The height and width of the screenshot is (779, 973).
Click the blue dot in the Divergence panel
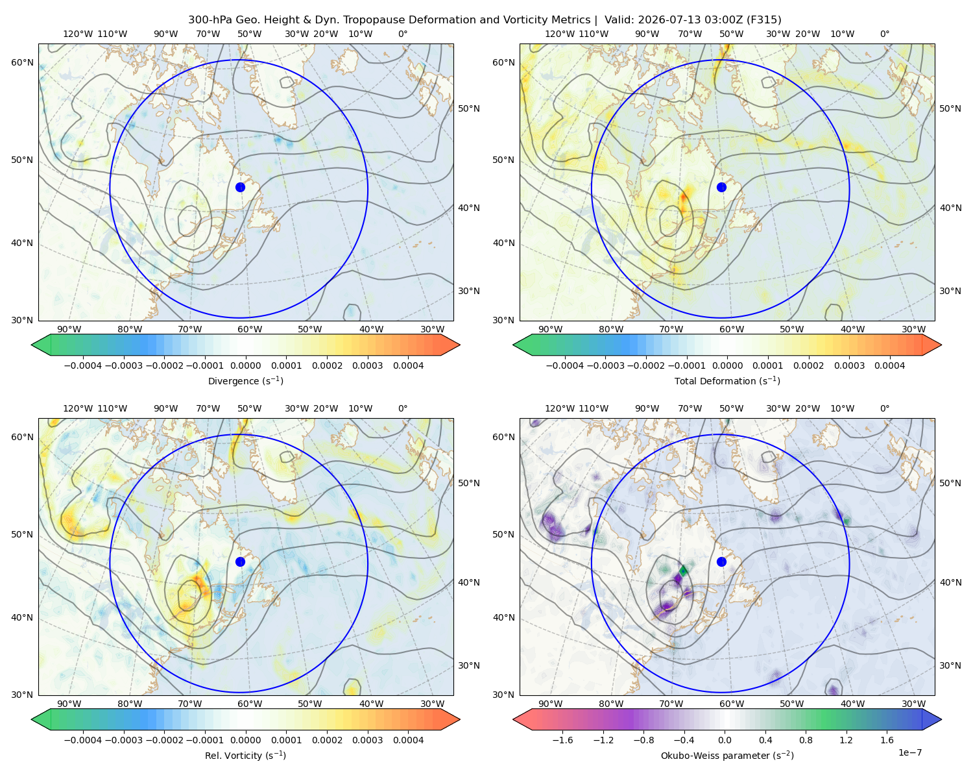coord(240,187)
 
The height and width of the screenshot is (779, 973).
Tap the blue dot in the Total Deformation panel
coord(721,187)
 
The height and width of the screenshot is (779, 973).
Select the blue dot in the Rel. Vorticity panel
coord(240,562)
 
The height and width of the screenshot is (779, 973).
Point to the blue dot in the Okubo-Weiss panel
coord(721,562)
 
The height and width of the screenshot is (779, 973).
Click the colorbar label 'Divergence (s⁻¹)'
coord(245,380)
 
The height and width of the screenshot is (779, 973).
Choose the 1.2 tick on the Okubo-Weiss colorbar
coord(846,740)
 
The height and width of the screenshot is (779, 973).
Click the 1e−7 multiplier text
coord(909,752)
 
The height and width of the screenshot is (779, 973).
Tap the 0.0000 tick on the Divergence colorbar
coord(245,365)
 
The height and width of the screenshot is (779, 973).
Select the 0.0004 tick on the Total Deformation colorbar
coord(889,365)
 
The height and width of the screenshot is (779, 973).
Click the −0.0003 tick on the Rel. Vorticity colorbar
coord(123,740)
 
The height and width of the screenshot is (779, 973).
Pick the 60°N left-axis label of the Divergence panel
coord(22,62)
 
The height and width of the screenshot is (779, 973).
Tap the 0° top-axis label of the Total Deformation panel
coord(884,34)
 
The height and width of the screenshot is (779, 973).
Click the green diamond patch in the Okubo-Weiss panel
coord(683,571)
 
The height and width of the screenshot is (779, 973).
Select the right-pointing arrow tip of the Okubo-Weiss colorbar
coord(941,719)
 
